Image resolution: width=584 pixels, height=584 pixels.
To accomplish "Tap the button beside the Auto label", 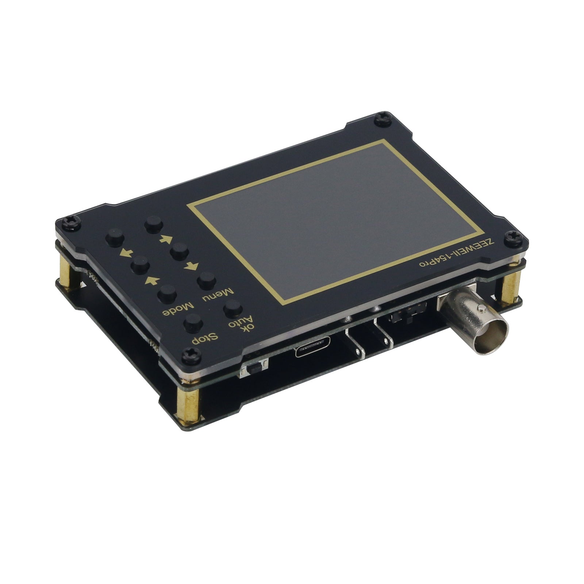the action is coord(233,308).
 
